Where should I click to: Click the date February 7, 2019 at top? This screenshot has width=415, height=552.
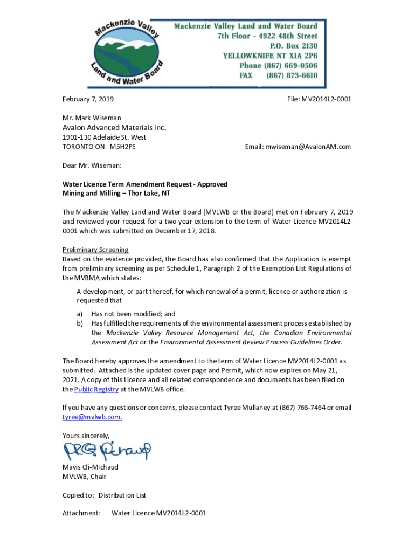pyautogui.click(x=88, y=99)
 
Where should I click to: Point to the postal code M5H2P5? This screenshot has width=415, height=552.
pyautogui.click(x=123, y=147)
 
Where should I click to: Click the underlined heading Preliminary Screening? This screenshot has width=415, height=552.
pyautogui.click(x=95, y=250)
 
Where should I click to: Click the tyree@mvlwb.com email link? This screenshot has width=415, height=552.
pyautogui.click(x=92, y=417)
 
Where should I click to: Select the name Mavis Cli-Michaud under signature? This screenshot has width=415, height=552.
pyautogui.click(x=90, y=467)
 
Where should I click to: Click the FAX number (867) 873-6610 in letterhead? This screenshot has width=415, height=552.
pyautogui.click(x=292, y=75)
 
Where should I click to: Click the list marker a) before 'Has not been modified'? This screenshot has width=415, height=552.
pyautogui.click(x=79, y=314)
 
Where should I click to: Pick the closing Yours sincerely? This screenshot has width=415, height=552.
pyautogui.click(x=86, y=436)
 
